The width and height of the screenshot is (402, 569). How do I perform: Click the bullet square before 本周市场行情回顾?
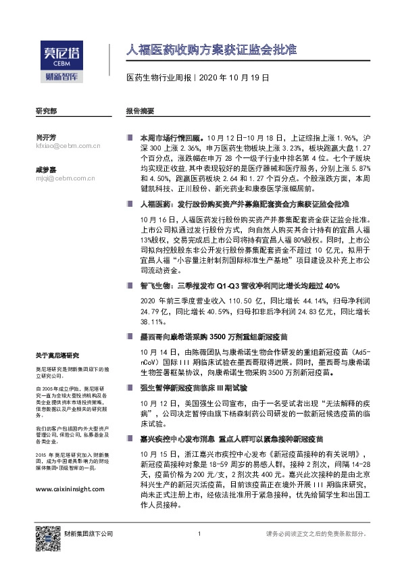(x=130, y=136)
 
